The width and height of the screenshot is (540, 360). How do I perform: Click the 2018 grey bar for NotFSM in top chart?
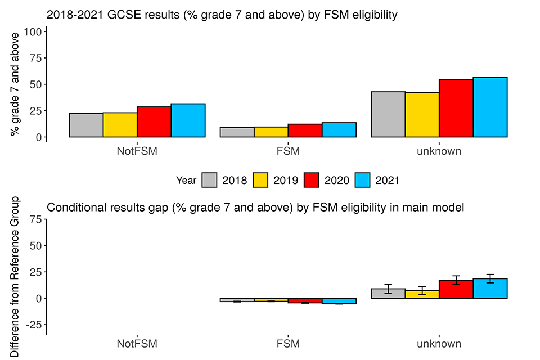click(x=86, y=125)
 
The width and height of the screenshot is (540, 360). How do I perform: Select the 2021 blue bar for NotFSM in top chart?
click(x=188, y=120)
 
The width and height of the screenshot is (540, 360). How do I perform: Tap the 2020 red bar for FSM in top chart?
click(x=305, y=130)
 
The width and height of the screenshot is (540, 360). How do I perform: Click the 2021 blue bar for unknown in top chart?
click(x=490, y=107)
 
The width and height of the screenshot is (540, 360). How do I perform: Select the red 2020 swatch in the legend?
click(x=312, y=181)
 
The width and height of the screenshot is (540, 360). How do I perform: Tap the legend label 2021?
click(x=387, y=181)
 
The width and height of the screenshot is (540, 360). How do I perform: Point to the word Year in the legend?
click(x=186, y=181)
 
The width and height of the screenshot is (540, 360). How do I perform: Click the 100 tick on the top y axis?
click(x=35, y=32)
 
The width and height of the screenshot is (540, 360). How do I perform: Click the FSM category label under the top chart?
click(x=287, y=151)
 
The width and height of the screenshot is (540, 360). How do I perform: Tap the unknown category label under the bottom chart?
click(x=439, y=344)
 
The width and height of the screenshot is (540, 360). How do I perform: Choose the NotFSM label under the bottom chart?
click(x=137, y=344)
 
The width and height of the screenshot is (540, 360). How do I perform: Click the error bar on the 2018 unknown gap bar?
click(x=388, y=289)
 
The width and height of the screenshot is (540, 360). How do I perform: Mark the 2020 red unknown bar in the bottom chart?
click(x=456, y=289)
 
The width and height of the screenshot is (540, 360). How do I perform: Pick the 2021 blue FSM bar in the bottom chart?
click(x=339, y=301)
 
